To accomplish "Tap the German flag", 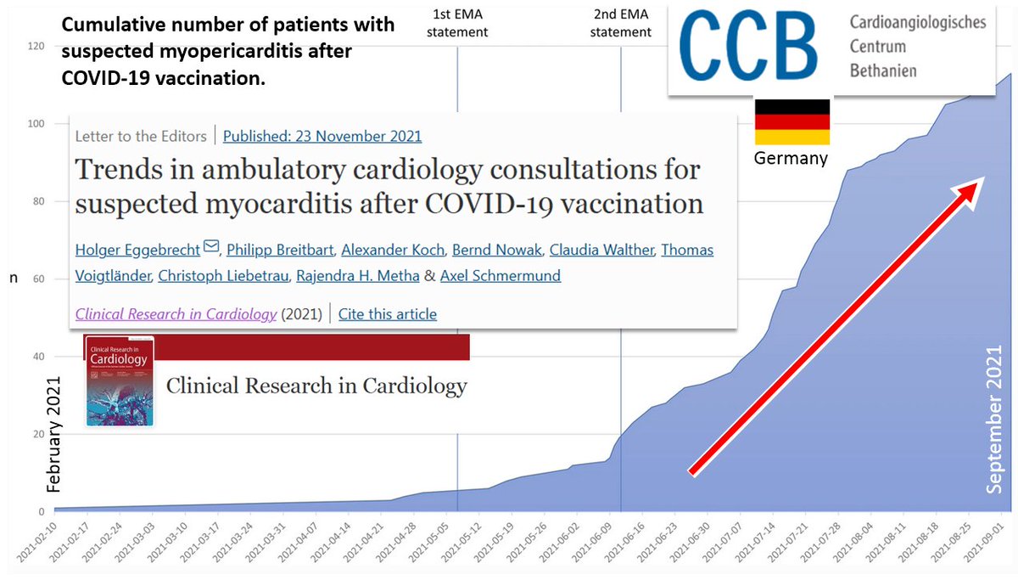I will click(x=792, y=121).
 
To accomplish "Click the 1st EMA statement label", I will click(x=460, y=23).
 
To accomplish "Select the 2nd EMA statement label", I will click(x=621, y=23).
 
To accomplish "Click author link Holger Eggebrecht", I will click(x=137, y=250).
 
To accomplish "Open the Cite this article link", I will click(x=387, y=314).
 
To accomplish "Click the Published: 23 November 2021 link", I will click(x=322, y=136).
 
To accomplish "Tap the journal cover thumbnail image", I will click(x=120, y=380).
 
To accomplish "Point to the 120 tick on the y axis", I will click(x=35, y=46).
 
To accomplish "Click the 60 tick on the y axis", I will click(x=38, y=279).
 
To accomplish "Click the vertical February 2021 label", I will click(x=54, y=433).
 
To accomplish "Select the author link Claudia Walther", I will click(x=601, y=250).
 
